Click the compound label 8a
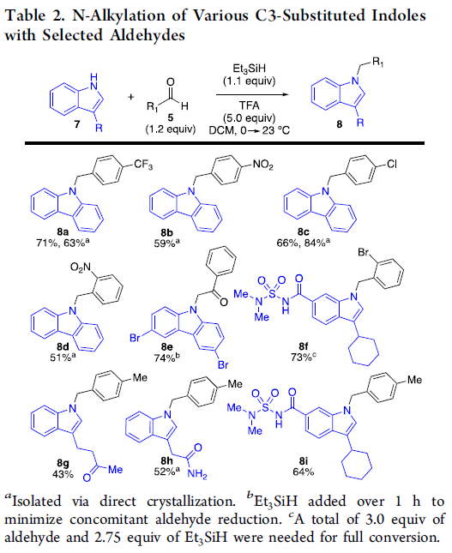[63, 231]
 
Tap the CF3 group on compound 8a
[143, 165]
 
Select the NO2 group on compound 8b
[262, 165]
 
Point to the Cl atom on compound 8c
[392, 164]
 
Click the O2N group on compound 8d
[81, 267]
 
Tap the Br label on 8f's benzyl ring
[364, 253]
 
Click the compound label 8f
[304, 346]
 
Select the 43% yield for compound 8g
[63, 474]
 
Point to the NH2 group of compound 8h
[197, 474]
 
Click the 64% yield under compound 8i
[304, 472]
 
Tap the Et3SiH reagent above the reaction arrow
[249, 69]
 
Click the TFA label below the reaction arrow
[249, 105]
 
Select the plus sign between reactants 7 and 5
[131, 97]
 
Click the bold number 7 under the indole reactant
[77, 124]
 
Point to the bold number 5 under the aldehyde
[171, 117]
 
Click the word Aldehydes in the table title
[148, 35]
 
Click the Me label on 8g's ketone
[115, 470]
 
